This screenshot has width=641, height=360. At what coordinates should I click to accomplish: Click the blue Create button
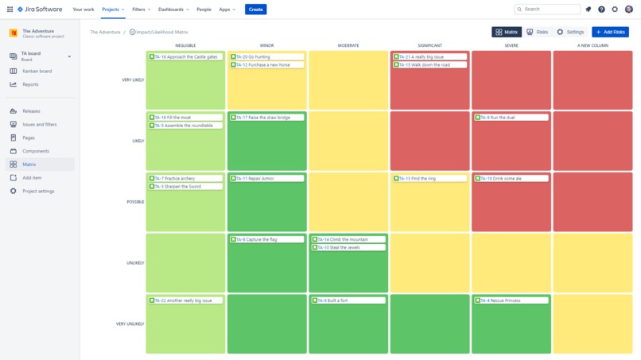click(255, 10)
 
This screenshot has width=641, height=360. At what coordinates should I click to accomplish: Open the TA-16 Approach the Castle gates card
click(185, 57)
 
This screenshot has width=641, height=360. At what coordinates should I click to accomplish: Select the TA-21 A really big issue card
click(429, 57)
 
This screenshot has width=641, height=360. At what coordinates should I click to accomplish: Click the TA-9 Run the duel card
click(511, 118)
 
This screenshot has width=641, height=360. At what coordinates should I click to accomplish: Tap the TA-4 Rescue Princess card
click(511, 300)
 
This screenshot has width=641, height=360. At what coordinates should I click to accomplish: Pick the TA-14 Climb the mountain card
click(348, 239)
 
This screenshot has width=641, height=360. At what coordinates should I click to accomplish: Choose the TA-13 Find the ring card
click(429, 179)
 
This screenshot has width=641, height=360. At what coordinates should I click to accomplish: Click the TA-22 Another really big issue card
click(185, 300)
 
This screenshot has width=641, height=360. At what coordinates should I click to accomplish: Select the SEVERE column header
click(511, 45)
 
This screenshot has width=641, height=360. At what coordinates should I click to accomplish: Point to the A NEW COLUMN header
click(592, 45)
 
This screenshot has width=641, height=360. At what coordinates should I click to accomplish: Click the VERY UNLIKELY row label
click(130, 324)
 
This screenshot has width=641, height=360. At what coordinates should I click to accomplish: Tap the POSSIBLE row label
click(135, 202)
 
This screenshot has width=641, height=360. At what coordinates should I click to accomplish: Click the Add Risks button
click(610, 32)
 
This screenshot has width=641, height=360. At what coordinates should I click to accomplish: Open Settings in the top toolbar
click(570, 32)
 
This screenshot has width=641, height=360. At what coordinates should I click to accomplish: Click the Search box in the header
click(547, 10)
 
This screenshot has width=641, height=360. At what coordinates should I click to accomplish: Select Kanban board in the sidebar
click(37, 71)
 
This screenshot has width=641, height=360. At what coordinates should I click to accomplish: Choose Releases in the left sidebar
click(31, 111)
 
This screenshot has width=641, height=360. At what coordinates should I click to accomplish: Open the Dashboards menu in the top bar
click(173, 10)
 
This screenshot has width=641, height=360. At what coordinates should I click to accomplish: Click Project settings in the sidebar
click(38, 192)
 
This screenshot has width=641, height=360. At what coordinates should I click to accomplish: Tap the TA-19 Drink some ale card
click(511, 179)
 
